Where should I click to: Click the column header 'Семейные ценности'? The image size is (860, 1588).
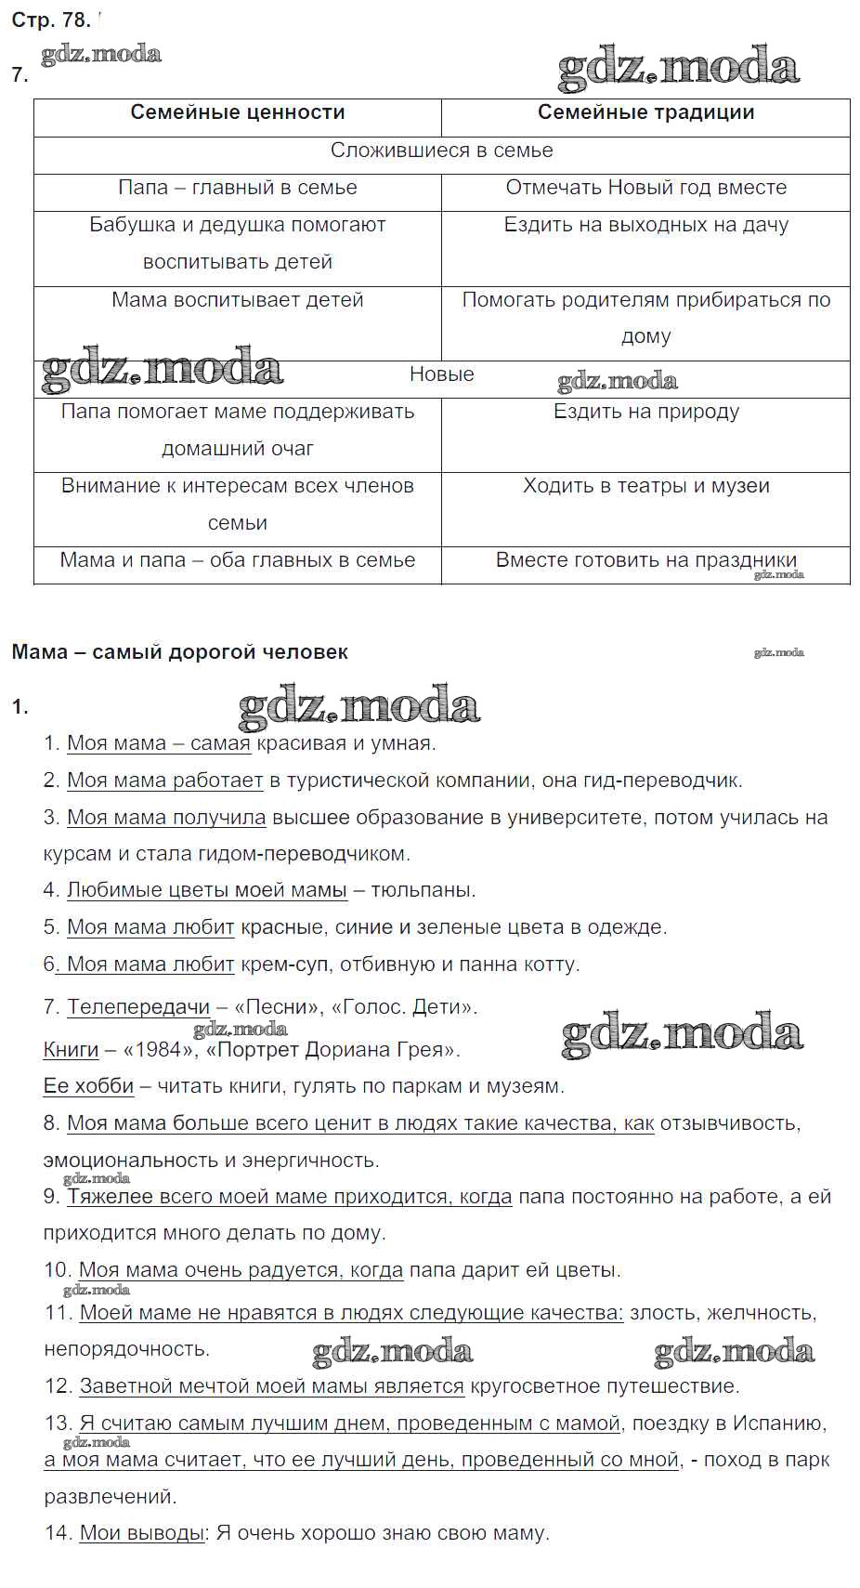point(237,112)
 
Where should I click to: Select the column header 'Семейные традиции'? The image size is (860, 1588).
point(645,112)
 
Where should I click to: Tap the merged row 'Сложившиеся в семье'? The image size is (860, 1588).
point(441,151)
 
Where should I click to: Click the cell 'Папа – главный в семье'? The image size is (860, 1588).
point(237,188)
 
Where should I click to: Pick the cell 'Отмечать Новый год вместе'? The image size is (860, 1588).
point(645,188)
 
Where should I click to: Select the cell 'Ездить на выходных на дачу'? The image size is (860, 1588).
point(645,225)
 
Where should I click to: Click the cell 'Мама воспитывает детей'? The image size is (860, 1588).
point(237,300)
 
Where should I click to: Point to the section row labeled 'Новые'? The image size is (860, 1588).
point(441,374)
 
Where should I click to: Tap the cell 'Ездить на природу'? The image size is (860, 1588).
point(645,412)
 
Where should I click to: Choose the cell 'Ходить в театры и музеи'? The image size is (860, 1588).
point(645,486)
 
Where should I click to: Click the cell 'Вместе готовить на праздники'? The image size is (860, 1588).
point(645,560)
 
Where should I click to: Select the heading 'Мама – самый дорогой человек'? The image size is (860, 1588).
point(179,652)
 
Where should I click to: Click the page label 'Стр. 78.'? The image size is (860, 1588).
point(50,20)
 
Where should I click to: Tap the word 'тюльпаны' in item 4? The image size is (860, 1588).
point(422,890)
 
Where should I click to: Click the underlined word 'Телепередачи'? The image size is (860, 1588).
point(138,1007)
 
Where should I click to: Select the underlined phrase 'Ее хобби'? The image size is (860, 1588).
point(88,1086)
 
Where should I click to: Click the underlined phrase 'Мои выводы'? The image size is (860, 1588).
point(141,1533)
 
